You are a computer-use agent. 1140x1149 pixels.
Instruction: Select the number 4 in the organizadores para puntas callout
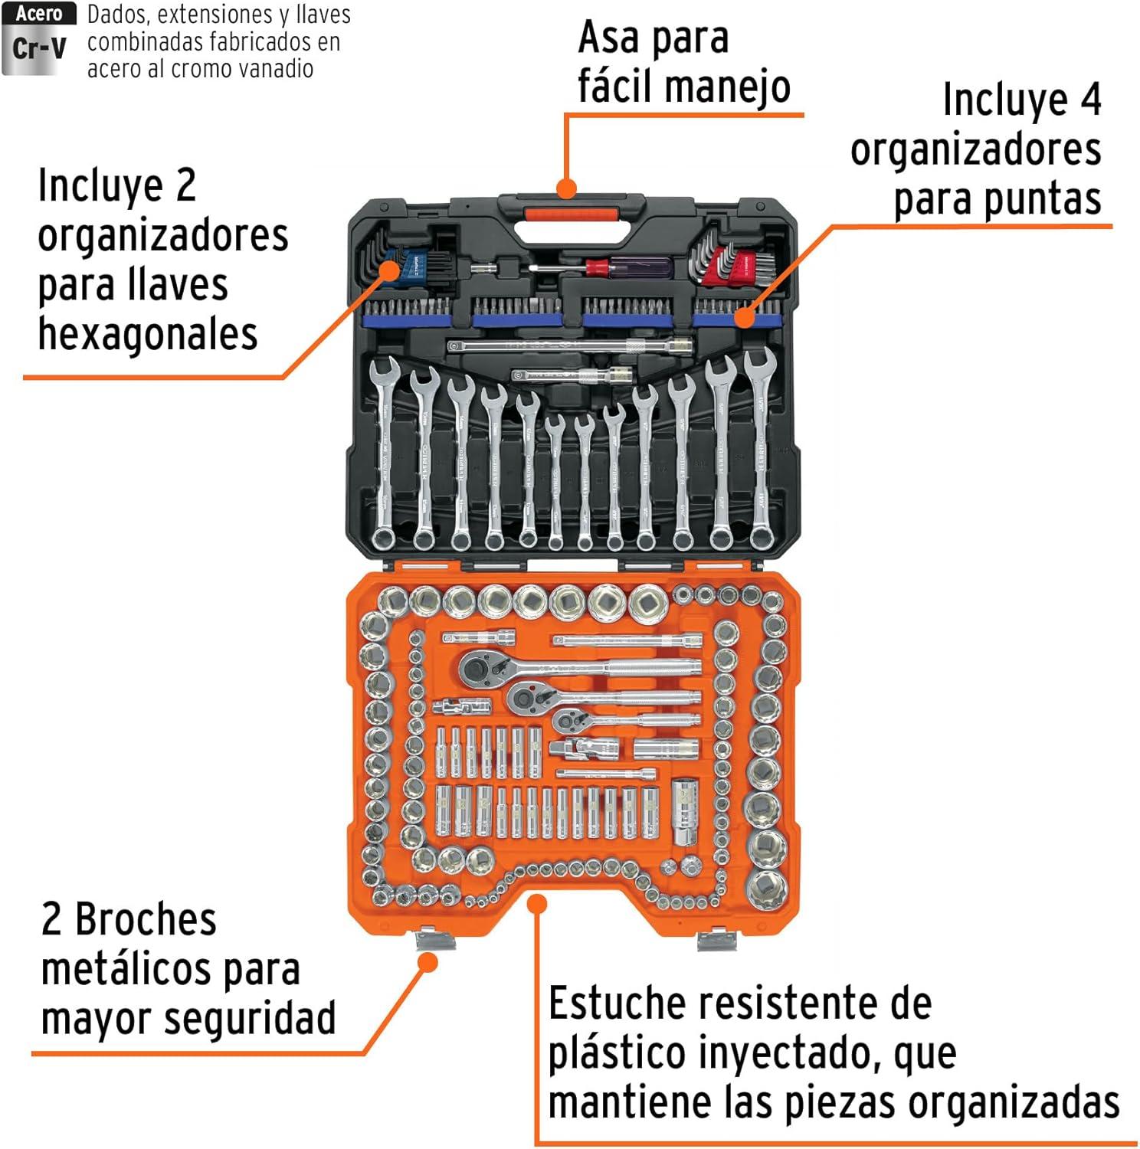1089,100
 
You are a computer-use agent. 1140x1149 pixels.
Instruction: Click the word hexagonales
147,334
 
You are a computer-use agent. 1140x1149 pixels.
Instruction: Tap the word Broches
146,919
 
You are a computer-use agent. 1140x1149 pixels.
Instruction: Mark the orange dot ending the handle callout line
566,188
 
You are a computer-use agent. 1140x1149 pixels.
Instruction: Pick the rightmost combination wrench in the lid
759,448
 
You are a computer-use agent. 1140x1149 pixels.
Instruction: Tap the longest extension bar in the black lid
570,346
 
